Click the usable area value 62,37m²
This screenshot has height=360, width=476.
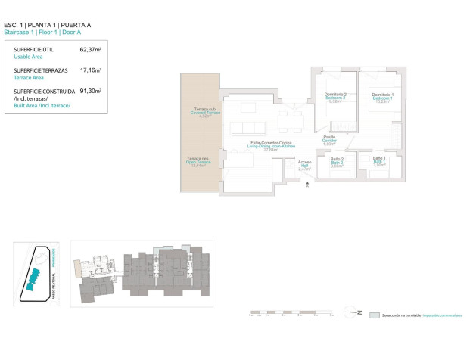click(90, 50)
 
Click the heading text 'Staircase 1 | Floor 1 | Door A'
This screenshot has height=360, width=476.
click(50, 33)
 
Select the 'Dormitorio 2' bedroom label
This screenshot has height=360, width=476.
click(334, 98)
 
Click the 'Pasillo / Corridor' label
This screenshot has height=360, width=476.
click(328, 140)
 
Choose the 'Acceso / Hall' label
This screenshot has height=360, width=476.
click(304, 166)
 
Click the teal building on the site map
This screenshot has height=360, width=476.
click(31, 281)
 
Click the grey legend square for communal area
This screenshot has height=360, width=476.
click(374, 312)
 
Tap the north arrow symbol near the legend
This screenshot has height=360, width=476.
click(350, 312)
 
